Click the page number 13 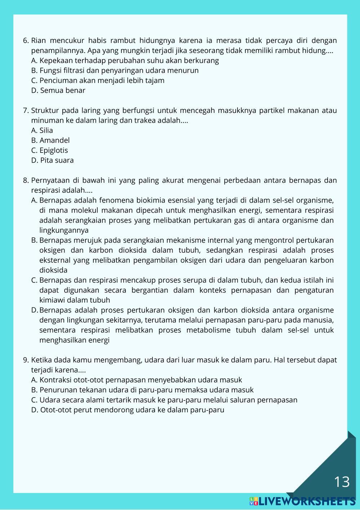[x=342, y=482]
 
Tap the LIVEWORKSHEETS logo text [x=306, y=501]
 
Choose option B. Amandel [x=50, y=140]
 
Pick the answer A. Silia [x=42, y=130]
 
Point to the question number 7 [x=25, y=110]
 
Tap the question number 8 [x=25, y=180]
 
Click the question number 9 [x=25, y=360]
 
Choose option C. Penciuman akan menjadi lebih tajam [x=98, y=80]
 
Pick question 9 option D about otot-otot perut [x=128, y=410]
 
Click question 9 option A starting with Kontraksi [x=137, y=380]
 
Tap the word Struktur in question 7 [x=45, y=110]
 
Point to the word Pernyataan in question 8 [x=50, y=180]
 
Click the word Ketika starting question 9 [x=41, y=360]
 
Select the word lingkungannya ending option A [x=64, y=230]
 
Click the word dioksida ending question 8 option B [x=53, y=270]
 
